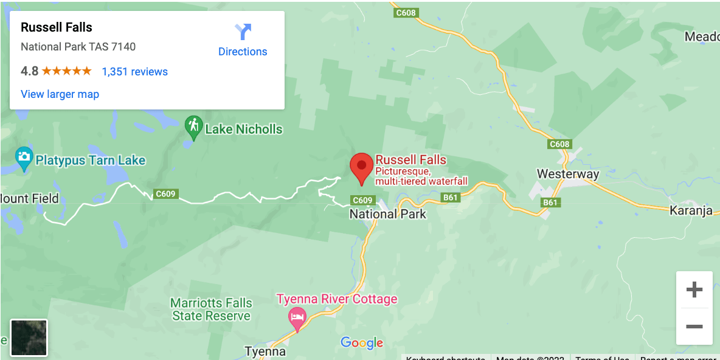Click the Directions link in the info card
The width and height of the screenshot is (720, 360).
[243, 40]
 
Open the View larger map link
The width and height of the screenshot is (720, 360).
[60, 94]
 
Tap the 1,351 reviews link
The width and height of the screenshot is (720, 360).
[134, 72]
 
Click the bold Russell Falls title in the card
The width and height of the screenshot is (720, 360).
[57, 27]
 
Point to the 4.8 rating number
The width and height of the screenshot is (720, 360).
[29, 71]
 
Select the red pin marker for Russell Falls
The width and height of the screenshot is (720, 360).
[362, 168]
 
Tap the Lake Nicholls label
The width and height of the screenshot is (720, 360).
[243, 129]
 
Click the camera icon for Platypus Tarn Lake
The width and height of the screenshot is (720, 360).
[24, 157]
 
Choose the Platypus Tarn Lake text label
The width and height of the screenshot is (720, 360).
[90, 161]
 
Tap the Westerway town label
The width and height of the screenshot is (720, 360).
[567, 174]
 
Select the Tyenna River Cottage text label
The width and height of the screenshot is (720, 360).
[337, 299]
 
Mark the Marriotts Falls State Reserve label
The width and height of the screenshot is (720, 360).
[210, 310]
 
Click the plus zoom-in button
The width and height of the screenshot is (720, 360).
[694, 289]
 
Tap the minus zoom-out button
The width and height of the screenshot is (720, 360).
[694, 327]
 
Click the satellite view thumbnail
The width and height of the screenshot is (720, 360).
[29, 337]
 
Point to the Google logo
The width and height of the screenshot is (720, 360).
[362, 343]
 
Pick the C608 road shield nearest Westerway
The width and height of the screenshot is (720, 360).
[559, 144]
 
